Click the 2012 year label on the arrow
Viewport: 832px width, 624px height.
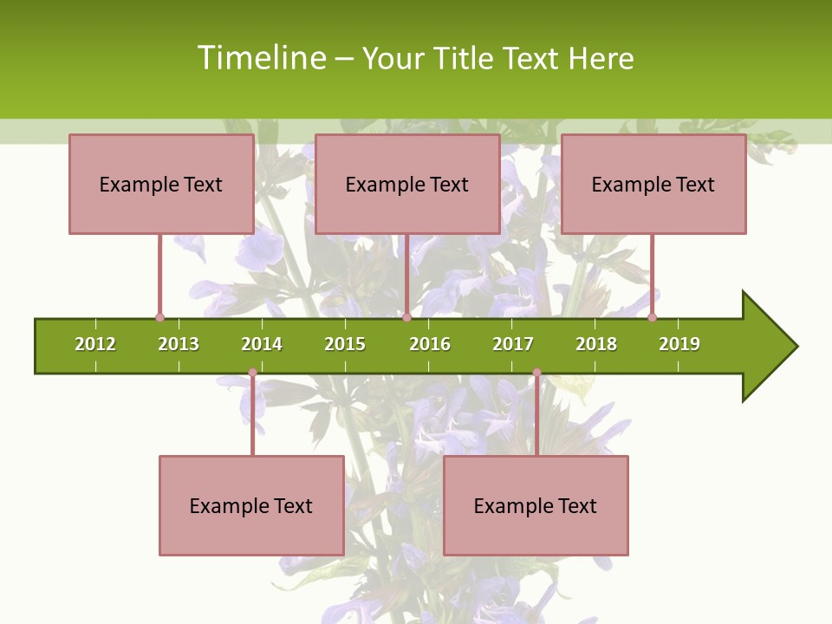[x=95, y=344]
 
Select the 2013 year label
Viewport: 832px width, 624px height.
[x=179, y=344]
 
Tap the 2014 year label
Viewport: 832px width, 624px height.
[x=262, y=344]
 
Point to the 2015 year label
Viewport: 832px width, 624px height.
[x=345, y=344]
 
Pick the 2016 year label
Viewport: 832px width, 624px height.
[x=430, y=344]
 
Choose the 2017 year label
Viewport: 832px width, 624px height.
[x=513, y=344]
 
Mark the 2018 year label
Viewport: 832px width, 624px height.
[x=596, y=344]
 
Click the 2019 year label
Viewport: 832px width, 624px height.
[x=679, y=344]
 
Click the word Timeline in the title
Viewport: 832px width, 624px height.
[x=261, y=58]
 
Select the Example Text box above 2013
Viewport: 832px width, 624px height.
[x=161, y=184]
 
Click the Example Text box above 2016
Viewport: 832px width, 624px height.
[x=407, y=184]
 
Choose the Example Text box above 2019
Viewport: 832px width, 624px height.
[x=653, y=184]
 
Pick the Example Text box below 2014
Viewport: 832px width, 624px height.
[x=251, y=505]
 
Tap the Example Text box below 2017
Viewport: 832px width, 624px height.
[x=536, y=505]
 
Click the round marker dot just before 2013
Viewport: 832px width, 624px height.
[x=159, y=317]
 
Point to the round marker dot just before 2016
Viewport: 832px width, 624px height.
[x=406, y=317]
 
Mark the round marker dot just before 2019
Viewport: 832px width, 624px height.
[x=652, y=317]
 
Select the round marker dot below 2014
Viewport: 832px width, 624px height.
[x=252, y=373]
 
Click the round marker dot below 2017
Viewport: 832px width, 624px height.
[x=536, y=373]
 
